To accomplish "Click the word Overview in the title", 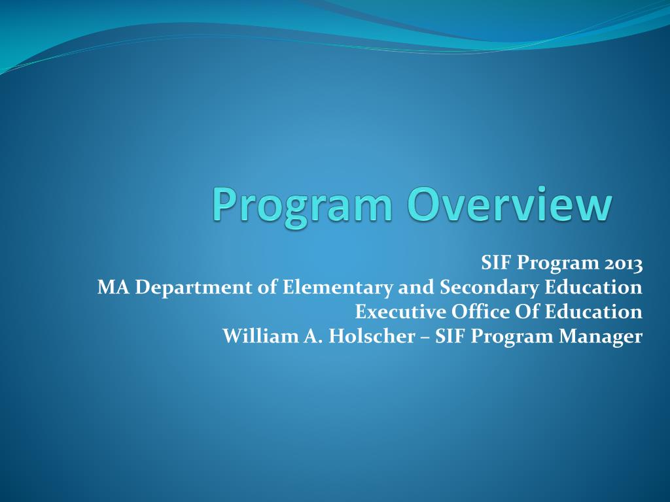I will (511, 204).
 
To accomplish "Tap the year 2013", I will (623, 263).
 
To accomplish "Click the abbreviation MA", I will (110, 287).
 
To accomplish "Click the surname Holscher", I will (370, 337).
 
